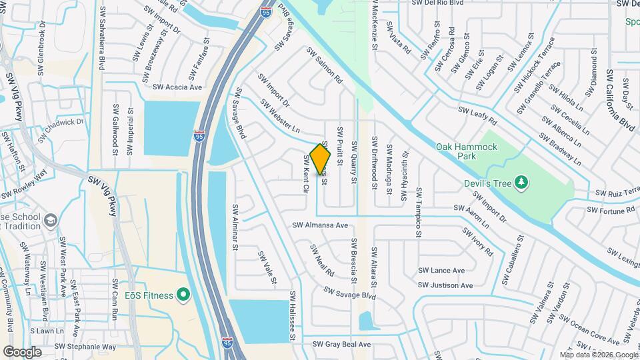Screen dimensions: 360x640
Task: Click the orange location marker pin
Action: (321, 159)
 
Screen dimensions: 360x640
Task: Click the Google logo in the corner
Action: (22, 351)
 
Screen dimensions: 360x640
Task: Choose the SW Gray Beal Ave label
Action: (341, 345)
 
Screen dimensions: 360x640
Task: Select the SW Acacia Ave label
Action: (177, 87)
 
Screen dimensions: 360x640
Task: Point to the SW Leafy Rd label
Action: (477, 117)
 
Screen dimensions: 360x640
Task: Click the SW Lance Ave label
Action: (441, 271)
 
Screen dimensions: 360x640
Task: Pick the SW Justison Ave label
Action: (446, 285)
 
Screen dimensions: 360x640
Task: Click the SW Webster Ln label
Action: (280, 115)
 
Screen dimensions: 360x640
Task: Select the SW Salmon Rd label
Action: (324, 65)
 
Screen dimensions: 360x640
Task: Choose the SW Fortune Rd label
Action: (611, 210)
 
